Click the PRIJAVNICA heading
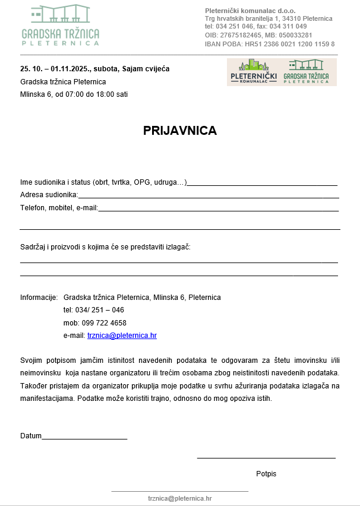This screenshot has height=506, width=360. tap(179, 131)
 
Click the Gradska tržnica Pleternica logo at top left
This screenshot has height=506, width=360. tap(61, 26)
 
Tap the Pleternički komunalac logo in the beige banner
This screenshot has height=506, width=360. tap(254, 72)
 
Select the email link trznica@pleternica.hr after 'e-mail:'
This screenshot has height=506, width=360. tap(122, 336)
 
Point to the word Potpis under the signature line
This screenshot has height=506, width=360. tap(266, 474)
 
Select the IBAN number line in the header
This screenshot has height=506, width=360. tap(270, 44)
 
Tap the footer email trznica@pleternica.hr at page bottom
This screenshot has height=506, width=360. tap(179, 499)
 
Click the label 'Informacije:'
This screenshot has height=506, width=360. tap(39, 298)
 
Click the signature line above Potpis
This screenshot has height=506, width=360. tap(266, 458)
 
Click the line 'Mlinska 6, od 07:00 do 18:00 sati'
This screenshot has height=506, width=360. tap(74, 94)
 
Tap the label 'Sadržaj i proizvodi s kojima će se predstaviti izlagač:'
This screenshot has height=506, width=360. tap(105, 246)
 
